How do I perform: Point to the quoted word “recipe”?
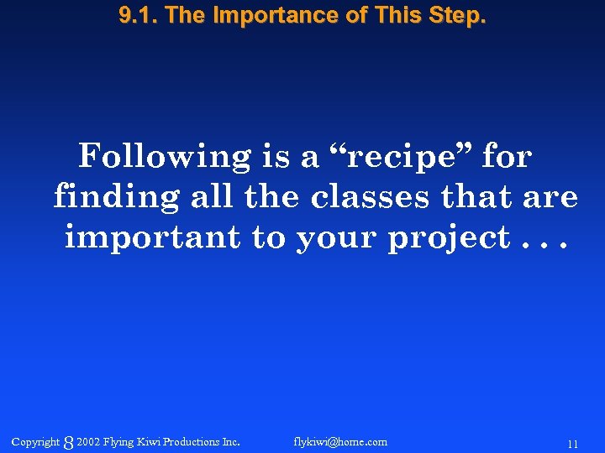click(x=401, y=157)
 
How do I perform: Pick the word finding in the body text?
click(x=116, y=198)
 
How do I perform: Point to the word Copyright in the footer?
click(x=36, y=442)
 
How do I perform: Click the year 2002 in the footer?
click(x=88, y=442)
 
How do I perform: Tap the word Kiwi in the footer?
click(x=147, y=442)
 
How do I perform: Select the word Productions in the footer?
click(x=192, y=442)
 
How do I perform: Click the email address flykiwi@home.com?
click(x=340, y=442)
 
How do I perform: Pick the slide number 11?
click(x=572, y=444)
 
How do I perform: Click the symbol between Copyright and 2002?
click(x=68, y=443)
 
